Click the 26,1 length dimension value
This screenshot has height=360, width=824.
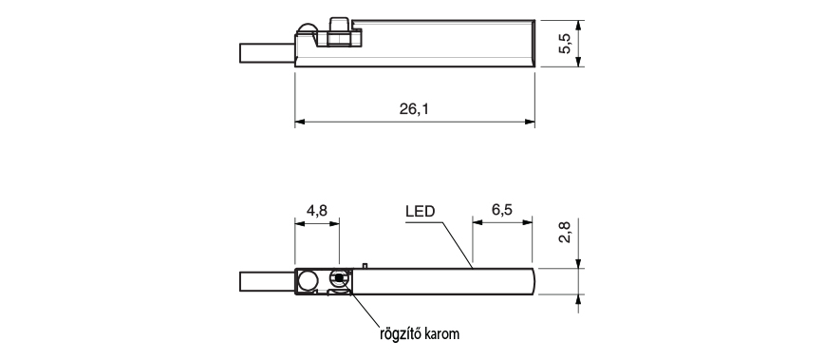[x=414, y=109]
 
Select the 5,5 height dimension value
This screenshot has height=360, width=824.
[x=566, y=44]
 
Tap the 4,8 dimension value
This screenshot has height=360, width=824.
[x=317, y=210]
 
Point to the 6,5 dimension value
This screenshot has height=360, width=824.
[x=502, y=210]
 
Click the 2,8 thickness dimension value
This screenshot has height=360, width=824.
[x=565, y=232]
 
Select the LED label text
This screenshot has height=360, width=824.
[x=420, y=211]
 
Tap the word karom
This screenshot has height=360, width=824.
[x=443, y=333]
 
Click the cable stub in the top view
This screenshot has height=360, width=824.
[x=267, y=53]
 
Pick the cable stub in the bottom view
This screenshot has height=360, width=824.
[x=267, y=281]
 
